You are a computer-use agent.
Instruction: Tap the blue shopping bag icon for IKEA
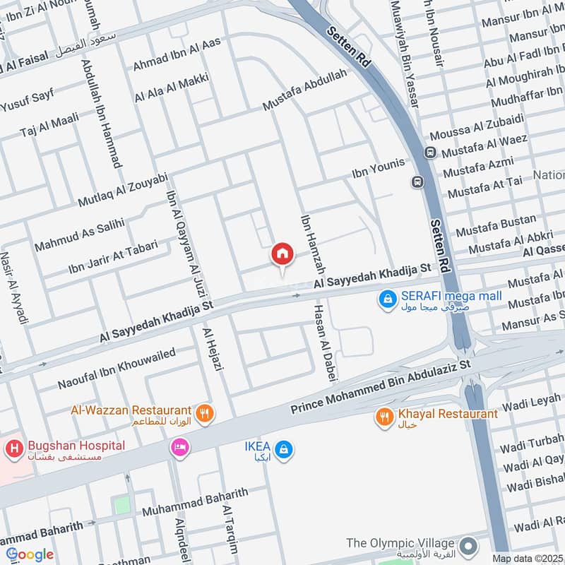(x=283, y=449)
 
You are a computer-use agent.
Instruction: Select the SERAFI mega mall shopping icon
(x=387, y=300)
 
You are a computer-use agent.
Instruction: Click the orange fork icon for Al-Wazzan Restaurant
(x=206, y=414)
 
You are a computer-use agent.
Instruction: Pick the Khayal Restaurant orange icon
(x=385, y=417)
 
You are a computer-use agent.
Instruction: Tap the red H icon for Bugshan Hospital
(x=13, y=448)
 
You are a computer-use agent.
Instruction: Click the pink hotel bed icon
(x=179, y=448)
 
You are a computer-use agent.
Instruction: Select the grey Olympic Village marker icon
(x=467, y=545)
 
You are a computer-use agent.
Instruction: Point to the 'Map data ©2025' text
(x=527, y=558)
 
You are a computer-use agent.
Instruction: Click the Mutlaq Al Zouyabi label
(x=123, y=189)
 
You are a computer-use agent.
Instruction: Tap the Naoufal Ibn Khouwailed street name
(x=116, y=369)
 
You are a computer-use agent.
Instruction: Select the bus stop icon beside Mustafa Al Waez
(x=429, y=153)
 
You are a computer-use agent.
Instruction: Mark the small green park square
(x=122, y=505)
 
